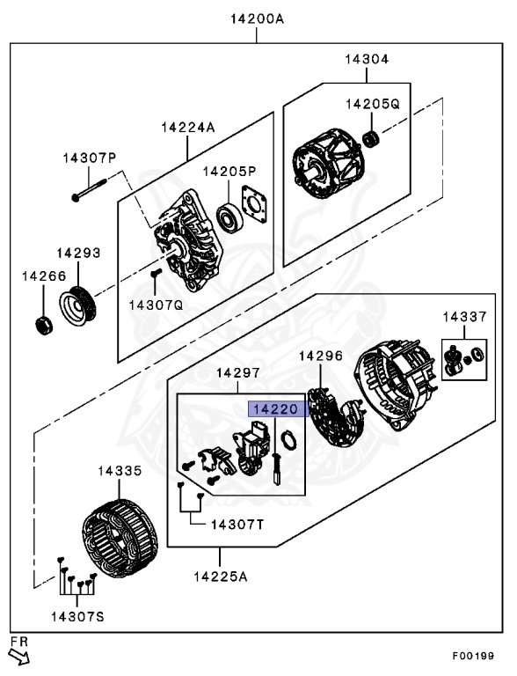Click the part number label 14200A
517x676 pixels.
coord(258,19)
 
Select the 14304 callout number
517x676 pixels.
coord(367,59)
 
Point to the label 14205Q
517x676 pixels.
coord(373,104)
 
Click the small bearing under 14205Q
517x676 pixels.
coord(371,139)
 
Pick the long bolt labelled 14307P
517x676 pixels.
coord(89,190)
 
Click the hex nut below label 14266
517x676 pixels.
coord(43,326)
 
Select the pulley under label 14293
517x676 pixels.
coord(77,305)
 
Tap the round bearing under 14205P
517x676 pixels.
coord(229,217)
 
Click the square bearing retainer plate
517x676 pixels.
coord(254,204)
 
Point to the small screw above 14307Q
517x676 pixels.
coord(156,273)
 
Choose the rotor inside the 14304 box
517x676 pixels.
coord(328,164)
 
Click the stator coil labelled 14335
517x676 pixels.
coord(120,538)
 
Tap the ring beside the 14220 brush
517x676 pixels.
coord(288,441)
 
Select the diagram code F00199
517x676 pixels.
coord(473,656)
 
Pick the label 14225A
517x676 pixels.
coord(221,577)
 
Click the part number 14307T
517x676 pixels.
coord(237,525)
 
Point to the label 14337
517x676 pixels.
coord(465,317)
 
